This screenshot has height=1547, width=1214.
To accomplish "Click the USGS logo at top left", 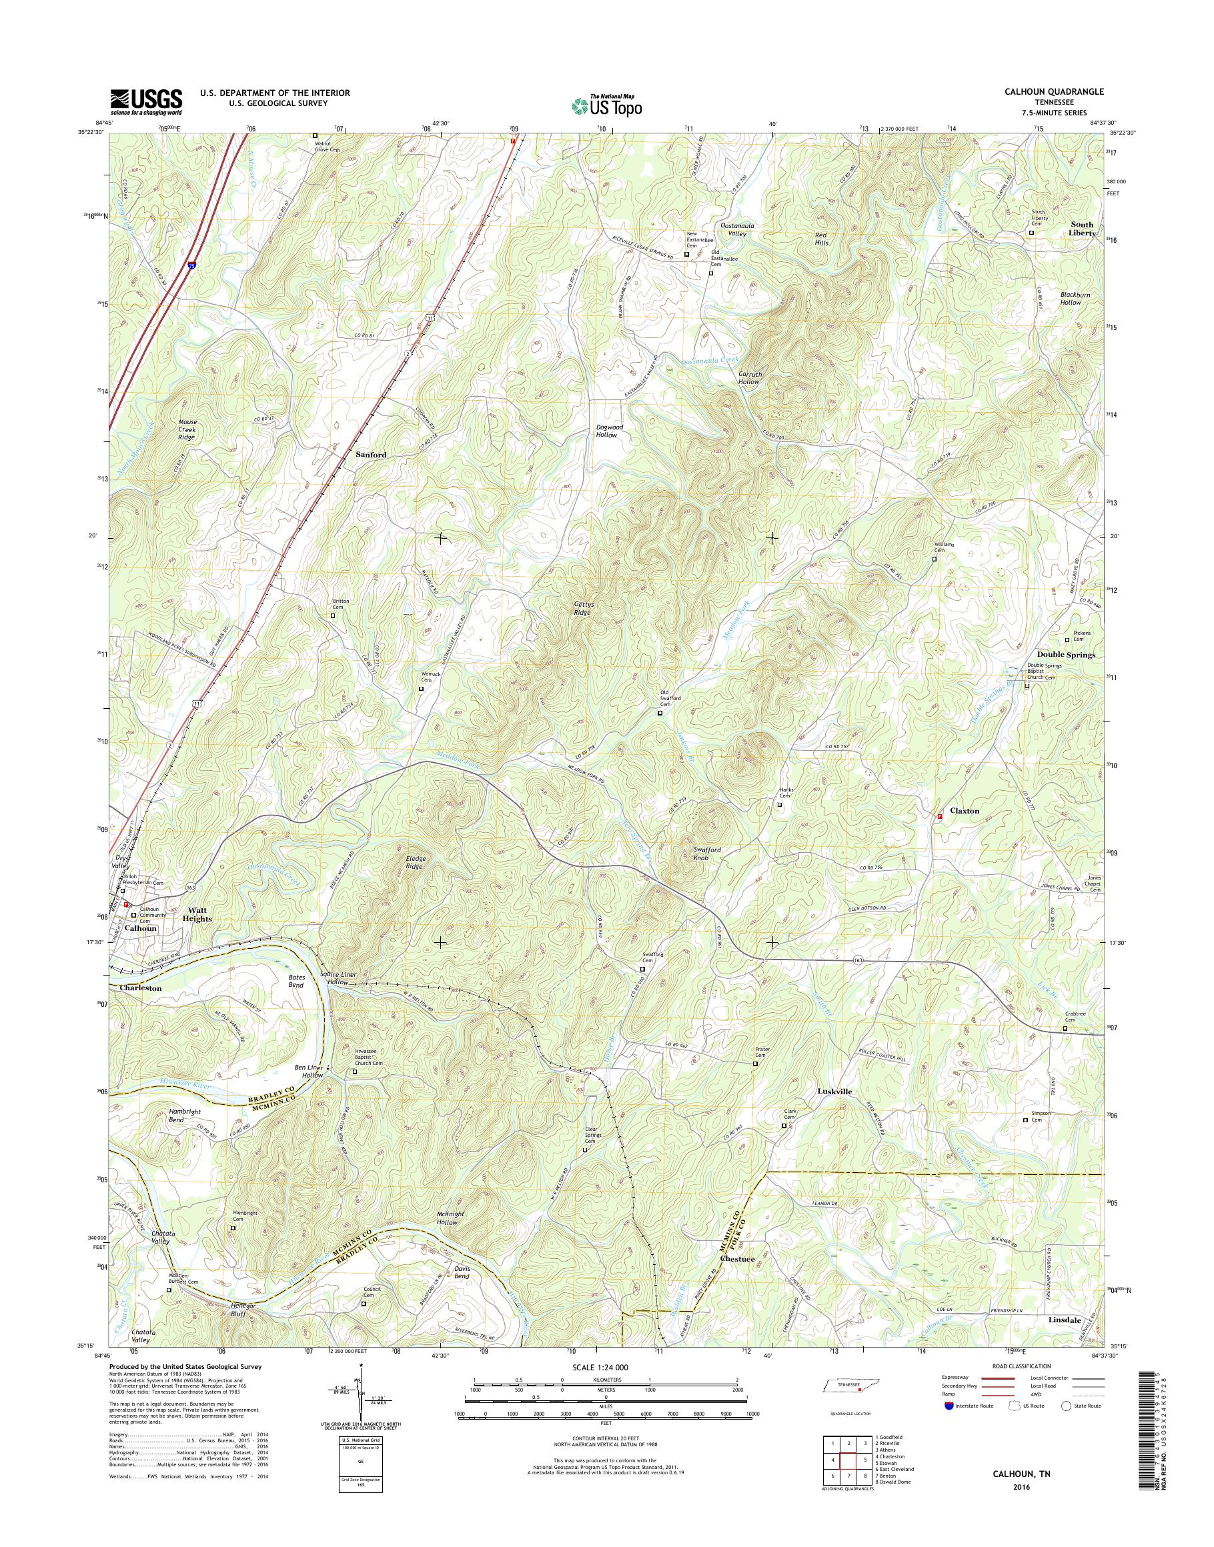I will point(145,101).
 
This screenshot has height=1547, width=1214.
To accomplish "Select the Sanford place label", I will point(371,453).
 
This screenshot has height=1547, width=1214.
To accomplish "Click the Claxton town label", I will point(965,811).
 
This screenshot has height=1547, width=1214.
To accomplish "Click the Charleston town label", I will point(141,988).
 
